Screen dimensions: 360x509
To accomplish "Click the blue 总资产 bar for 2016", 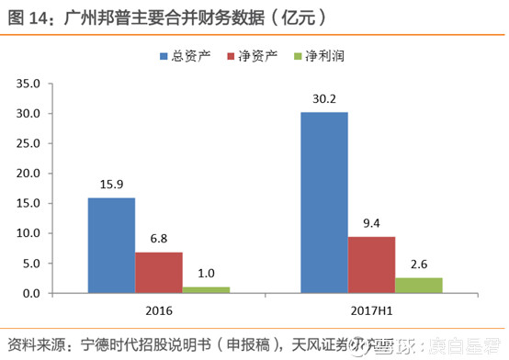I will point(111,245).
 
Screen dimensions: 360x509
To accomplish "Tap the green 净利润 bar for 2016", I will point(206,290).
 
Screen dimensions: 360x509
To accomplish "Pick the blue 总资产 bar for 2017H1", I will point(324,203).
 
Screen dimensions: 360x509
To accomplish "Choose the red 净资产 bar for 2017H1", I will point(371,264).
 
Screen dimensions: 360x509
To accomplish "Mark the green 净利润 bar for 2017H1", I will point(419,286).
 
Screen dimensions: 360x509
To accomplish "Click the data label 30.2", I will point(324,99).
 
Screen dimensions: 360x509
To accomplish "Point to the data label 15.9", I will point(111,185).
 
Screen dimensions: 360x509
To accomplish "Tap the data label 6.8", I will point(159,239).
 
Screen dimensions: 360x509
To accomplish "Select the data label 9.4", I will point(371,223).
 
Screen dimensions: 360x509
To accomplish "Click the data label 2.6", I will point(419,264).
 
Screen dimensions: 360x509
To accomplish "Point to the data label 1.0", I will point(206,274).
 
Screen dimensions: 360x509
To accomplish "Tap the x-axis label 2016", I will point(159,309).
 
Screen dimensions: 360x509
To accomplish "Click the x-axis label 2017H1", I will point(371,309).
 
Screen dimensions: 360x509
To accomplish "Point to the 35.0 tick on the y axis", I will point(27,84).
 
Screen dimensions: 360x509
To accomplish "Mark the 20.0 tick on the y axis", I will point(27,174).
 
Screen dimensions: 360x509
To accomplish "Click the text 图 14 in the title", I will point(28,17).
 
